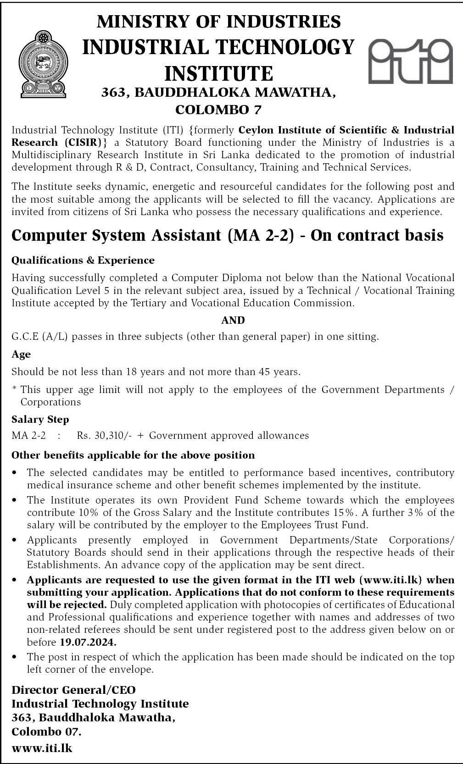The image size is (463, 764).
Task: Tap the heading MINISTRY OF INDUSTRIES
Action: tap(219, 22)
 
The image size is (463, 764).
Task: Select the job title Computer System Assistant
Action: tap(118, 235)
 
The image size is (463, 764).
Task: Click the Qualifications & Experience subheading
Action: tap(83, 260)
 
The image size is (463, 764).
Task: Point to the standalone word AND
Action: tap(233, 320)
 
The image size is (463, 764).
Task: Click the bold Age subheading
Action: tap(21, 354)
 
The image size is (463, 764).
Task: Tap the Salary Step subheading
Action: tap(40, 420)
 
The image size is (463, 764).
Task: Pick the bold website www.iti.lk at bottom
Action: tap(42, 748)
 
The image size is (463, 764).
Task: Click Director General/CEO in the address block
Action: tap(73, 690)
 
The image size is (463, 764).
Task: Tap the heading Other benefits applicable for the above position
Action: tap(133, 455)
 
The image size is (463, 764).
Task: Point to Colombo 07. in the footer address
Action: tap(46, 731)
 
